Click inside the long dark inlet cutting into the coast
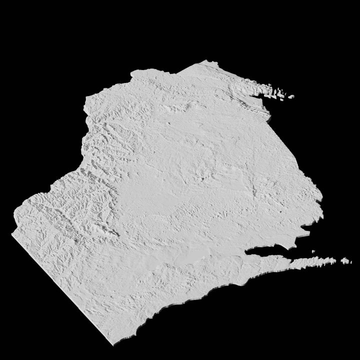pos(270,251)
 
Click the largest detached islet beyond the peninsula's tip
pos(345,260)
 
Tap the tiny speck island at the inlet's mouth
pos(313,251)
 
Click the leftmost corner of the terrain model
pos(12,233)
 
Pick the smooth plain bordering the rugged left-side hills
pos(145,195)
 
